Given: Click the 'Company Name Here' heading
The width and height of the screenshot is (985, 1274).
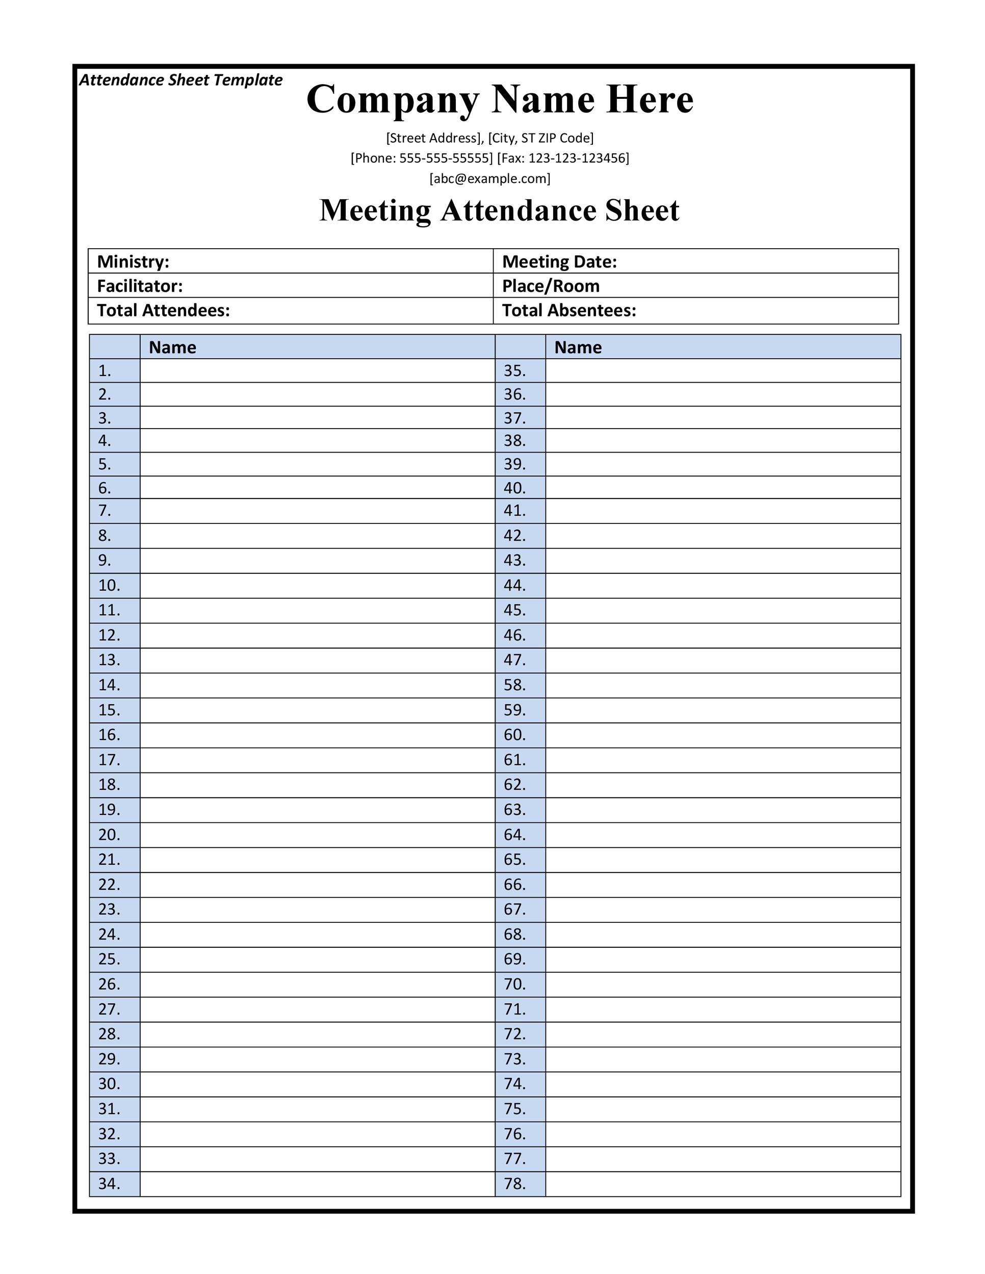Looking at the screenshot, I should click(500, 99).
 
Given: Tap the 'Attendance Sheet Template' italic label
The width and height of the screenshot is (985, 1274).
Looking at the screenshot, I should click(180, 80).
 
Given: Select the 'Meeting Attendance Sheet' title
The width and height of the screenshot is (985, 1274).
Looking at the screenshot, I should click(500, 210).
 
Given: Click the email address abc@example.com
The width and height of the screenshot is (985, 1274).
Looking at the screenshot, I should click(490, 178).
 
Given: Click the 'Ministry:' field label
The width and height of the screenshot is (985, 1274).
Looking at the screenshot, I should click(133, 261).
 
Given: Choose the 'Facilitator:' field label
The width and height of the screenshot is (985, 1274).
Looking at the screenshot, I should click(140, 286).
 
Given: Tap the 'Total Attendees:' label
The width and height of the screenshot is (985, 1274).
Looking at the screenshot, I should click(163, 310).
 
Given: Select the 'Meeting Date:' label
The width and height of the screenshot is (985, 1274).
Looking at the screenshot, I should click(559, 261).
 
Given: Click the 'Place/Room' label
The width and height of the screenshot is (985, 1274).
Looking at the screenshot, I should click(551, 286).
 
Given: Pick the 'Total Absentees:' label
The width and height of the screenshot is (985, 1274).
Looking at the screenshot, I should click(569, 310).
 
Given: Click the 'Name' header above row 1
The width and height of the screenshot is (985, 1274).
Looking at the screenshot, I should click(172, 347).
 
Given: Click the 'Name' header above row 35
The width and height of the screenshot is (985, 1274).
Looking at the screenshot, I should click(578, 347).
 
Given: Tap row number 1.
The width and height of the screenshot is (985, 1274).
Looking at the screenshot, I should click(105, 370).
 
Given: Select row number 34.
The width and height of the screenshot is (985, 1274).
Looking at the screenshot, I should click(109, 1184).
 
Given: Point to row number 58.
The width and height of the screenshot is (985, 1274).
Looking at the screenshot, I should click(514, 685).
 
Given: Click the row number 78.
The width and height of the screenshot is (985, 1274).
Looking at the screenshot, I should click(514, 1184).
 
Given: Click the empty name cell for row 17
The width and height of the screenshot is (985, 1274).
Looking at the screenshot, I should click(318, 760).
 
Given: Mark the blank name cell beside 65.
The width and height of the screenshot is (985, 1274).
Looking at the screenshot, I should click(723, 860).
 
